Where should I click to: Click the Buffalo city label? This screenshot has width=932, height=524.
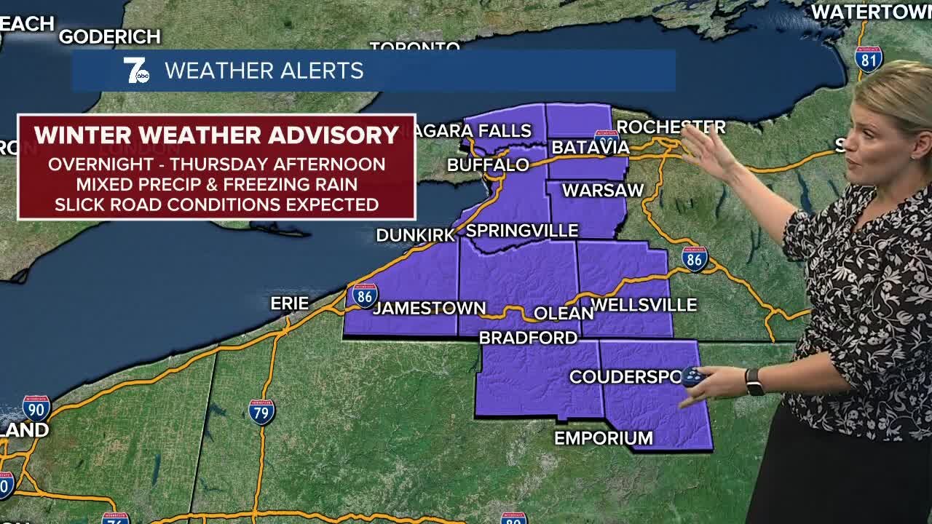click(x=488, y=165)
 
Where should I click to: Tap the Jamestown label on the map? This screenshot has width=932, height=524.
click(x=429, y=308)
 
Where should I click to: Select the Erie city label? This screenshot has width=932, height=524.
click(x=290, y=303)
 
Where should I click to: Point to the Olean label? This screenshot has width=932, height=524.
click(x=564, y=313)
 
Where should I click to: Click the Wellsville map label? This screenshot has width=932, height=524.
click(x=644, y=305)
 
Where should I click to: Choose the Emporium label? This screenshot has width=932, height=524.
click(x=604, y=438)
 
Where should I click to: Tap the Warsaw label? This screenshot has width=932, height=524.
click(x=603, y=191)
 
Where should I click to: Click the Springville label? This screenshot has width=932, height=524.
click(x=521, y=231)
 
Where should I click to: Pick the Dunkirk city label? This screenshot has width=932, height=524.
click(x=415, y=235)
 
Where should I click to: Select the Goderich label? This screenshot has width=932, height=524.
click(x=109, y=36)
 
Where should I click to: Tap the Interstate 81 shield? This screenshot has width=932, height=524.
click(x=869, y=59)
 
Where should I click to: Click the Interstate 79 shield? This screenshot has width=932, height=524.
click(x=262, y=412)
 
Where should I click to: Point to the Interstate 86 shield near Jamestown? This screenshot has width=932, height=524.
click(x=365, y=295)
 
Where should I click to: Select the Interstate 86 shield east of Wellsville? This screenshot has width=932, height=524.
click(x=695, y=259)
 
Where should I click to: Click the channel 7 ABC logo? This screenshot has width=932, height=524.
click(x=136, y=71)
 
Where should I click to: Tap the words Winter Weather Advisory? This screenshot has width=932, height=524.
click(x=216, y=135)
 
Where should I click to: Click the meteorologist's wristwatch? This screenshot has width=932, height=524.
click(x=754, y=381)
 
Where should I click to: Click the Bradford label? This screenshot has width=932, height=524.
click(x=528, y=338)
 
